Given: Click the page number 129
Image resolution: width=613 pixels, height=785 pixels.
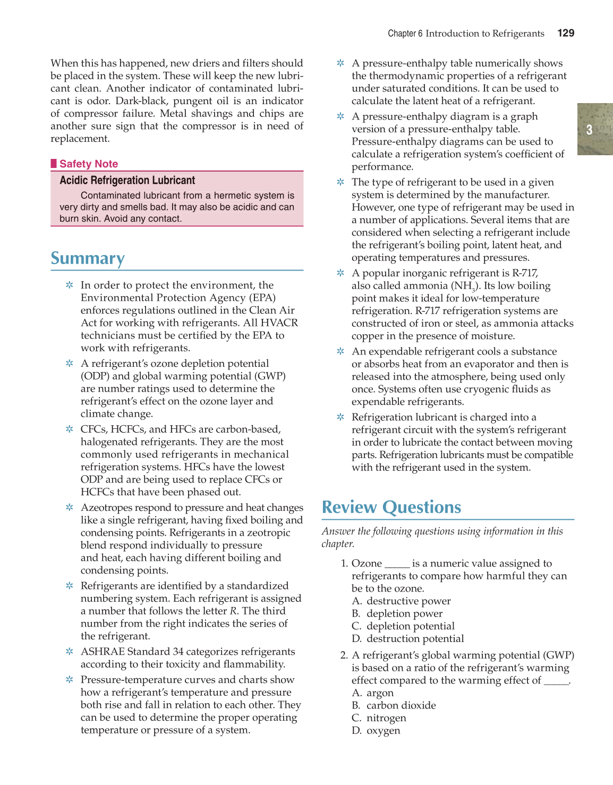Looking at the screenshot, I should [x=566, y=33].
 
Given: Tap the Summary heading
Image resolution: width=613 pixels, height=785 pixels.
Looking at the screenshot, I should [x=88, y=258].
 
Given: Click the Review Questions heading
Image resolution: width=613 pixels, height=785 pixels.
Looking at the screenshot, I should [x=391, y=507].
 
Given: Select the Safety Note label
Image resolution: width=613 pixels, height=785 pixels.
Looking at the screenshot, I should [x=89, y=164].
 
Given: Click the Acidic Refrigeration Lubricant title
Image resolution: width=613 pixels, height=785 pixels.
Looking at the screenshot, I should [x=127, y=180].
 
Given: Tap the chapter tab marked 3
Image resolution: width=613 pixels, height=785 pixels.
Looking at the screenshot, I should [x=589, y=129].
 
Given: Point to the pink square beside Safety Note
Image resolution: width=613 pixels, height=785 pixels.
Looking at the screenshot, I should [x=54, y=163].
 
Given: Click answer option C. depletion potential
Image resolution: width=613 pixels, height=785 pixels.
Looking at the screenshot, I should [x=404, y=626].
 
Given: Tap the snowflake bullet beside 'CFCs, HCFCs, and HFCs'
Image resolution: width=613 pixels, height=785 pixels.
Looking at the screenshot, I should [x=70, y=429].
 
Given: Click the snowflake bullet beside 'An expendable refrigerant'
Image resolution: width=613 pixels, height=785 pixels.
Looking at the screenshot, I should [x=340, y=351].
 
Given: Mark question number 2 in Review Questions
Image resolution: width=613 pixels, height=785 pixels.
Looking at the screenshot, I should [x=344, y=655].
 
